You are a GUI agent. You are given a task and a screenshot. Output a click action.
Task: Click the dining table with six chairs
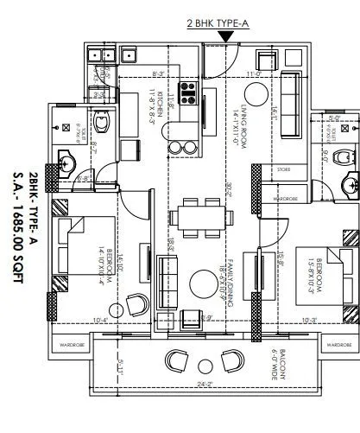click(200, 215)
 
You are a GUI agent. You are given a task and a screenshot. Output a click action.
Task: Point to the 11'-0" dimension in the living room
click(253, 75)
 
